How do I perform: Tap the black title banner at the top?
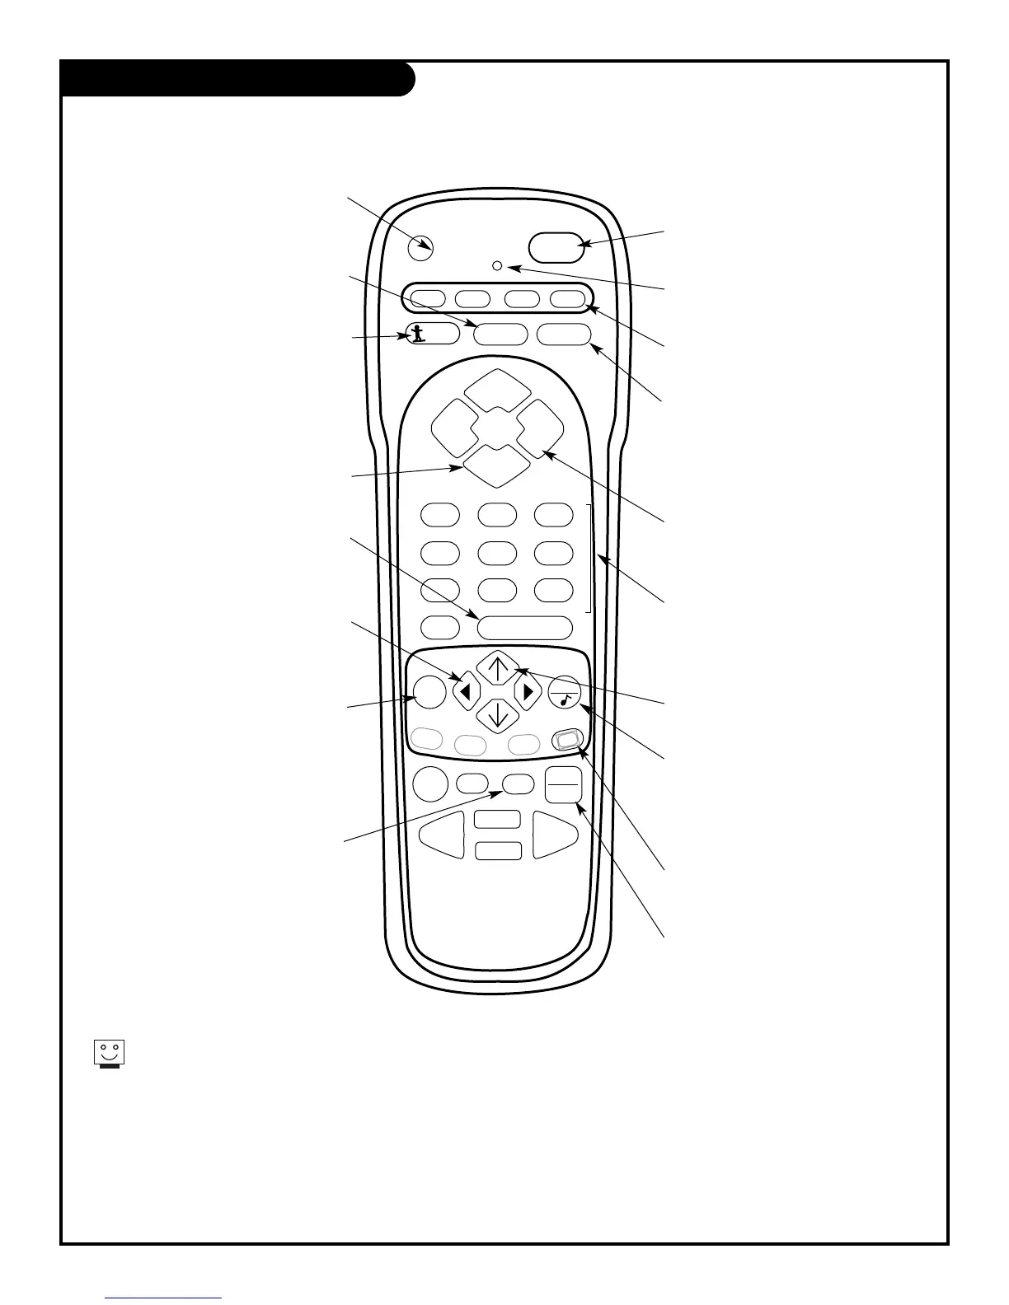coord(237,79)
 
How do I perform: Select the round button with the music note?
coord(565,692)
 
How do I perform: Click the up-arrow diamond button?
coord(498,667)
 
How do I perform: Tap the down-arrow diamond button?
coord(498,714)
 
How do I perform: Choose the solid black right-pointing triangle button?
coord(528,692)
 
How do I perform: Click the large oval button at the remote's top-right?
coord(557,245)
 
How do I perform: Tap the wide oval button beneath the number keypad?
coord(524,628)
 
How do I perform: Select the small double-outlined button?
coord(567,740)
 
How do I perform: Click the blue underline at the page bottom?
coord(164,1299)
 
